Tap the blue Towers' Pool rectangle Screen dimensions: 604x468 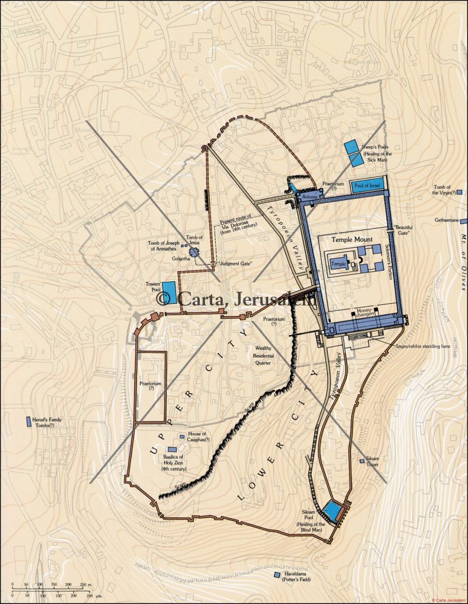[x=169, y=289]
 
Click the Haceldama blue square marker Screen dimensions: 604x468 [x=277, y=575]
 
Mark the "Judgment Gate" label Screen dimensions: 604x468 [x=235, y=263]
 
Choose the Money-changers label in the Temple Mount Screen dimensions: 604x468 [x=366, y=313]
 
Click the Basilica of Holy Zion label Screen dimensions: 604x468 [x=173, y=463]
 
